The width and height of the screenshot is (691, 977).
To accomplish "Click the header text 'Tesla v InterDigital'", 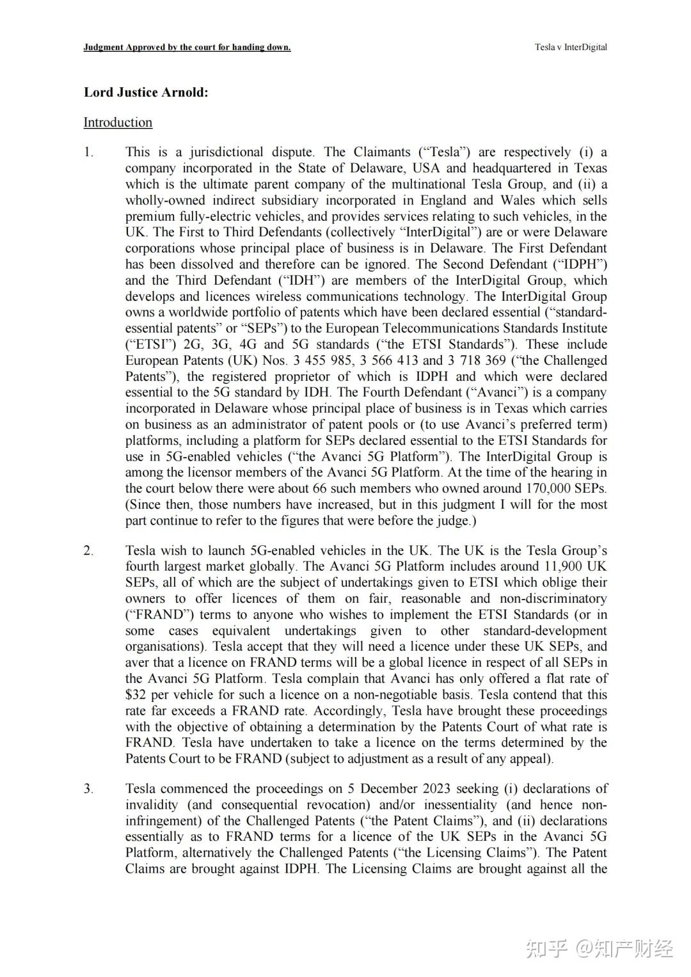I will pos(571,47).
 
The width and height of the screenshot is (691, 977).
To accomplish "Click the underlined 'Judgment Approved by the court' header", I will pos(187,47).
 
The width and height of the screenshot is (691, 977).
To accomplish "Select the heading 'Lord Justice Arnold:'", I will pos(146,92).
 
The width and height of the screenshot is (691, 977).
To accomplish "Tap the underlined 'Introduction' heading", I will pos(118,122).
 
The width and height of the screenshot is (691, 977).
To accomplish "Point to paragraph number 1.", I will pos(88,152).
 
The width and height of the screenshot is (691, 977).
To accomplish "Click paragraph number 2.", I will pos(88,551).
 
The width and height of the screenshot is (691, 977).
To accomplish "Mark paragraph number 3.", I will pos(88,789).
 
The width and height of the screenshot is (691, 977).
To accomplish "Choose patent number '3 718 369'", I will pos(477,361).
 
